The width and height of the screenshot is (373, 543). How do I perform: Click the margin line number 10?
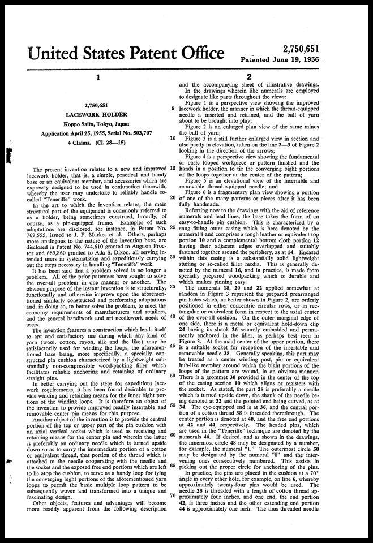pyautogui.click(x=173, y=137)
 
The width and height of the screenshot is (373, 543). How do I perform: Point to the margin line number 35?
pyautogui.click(x=173, y=286)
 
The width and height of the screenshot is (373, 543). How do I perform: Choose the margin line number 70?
pyautogui.click(x=173, y=495)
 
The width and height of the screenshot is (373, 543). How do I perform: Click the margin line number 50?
pyautogui.click(x=173, y=376)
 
